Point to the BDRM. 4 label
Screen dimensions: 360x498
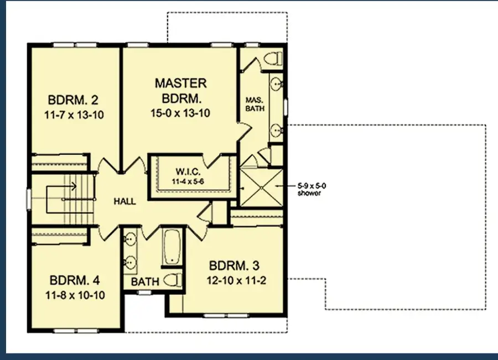click(x=74, y=279)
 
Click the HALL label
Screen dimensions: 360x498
click(x=124, y=202)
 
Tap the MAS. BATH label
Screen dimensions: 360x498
click(x=255, y=104)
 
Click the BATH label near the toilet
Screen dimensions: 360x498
click(x=146, y=282)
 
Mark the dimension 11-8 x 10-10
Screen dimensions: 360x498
click(x=74, y=294)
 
